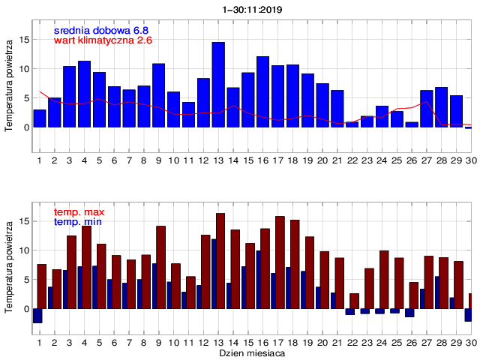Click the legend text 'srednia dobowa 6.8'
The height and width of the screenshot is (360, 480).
[101, 30]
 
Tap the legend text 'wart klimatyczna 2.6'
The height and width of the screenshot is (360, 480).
[103, 40]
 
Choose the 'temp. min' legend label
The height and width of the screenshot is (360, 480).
[77, 222]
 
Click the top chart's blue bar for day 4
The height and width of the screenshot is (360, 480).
[84, 94]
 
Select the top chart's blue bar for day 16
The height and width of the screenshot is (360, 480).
[262, 91]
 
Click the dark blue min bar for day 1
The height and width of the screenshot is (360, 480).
[37, 316]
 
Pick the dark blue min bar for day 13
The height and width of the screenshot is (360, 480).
[214, 274]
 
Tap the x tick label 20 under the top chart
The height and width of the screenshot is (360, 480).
[322, 160]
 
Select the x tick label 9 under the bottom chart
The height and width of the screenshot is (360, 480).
[158, 342]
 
